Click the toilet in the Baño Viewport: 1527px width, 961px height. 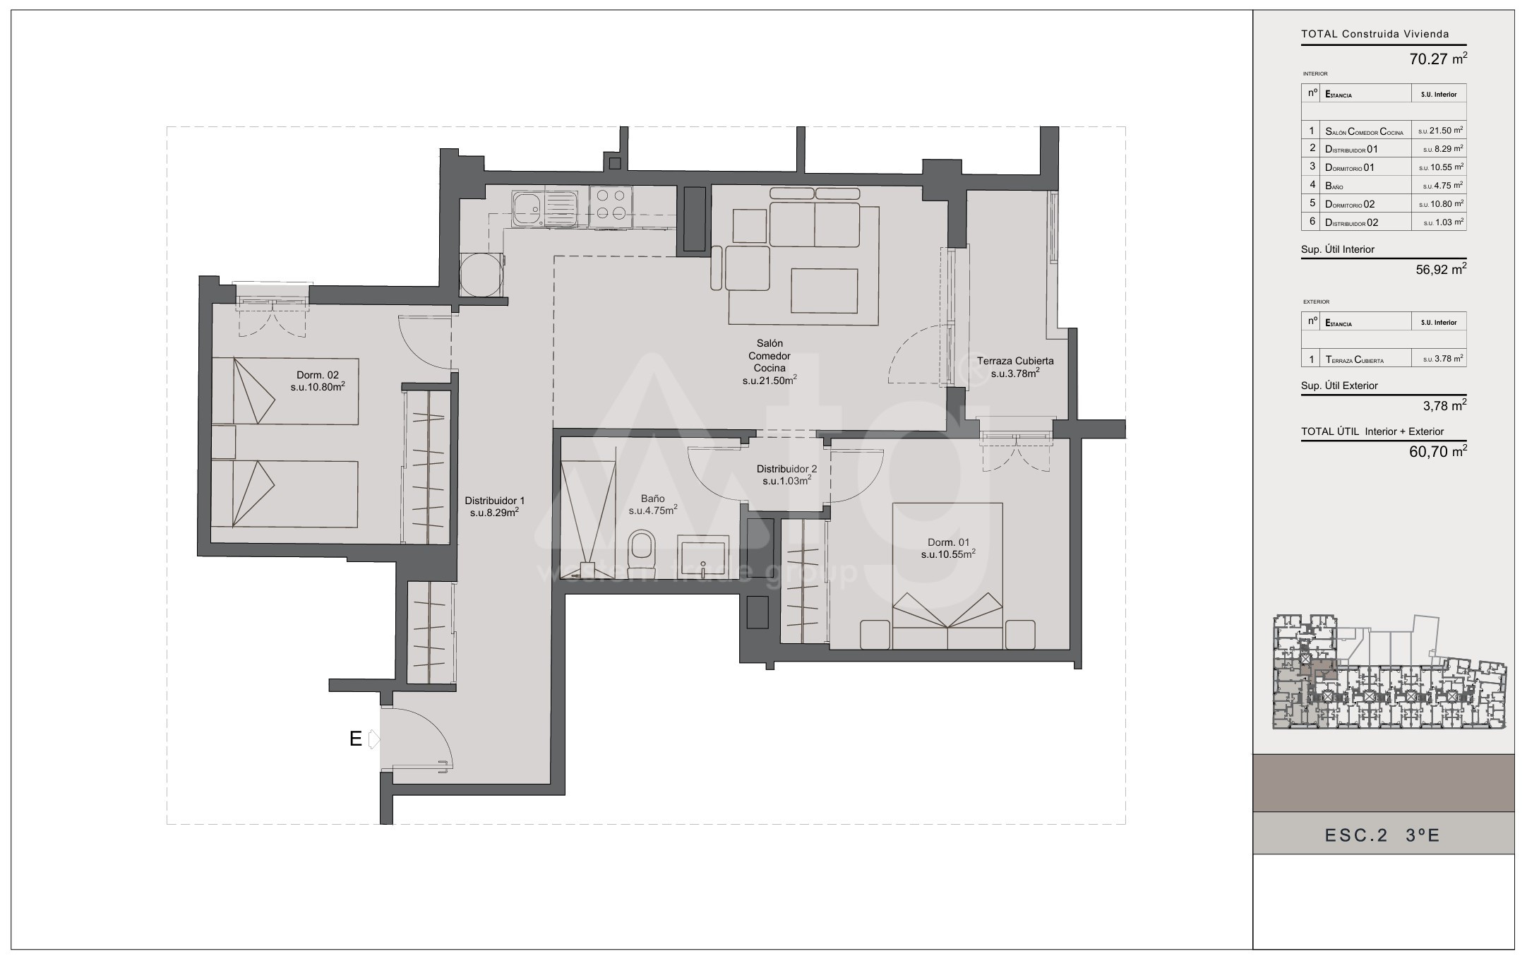coord(641,554)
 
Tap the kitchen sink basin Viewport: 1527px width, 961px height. coord(526,208)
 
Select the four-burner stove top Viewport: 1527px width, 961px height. coord(610,205)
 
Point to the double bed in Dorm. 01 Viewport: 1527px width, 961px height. coord(947,575)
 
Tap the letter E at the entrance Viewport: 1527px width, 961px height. coord(356,739)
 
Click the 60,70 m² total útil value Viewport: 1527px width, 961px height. coord(1438,452)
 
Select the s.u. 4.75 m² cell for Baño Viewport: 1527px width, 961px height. coord(1440,186)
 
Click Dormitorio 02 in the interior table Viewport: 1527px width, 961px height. coord(1350,204)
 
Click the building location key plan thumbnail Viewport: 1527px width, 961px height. coord(1389,673)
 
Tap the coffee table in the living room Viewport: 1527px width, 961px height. coord(825,291)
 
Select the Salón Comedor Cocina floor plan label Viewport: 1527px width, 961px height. coord(770,362)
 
